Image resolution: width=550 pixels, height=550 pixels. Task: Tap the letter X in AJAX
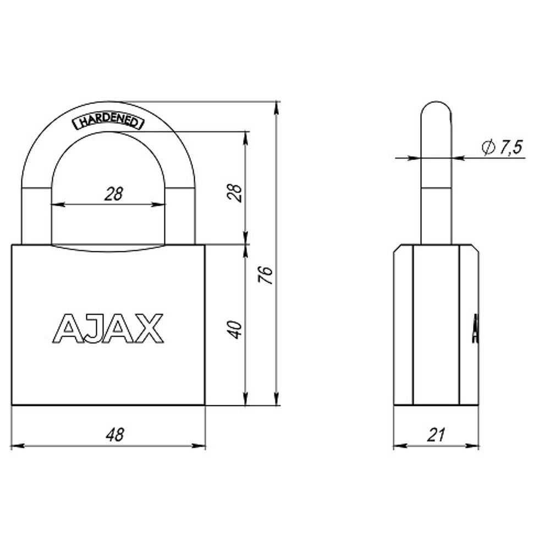pyautogui.click(x=150, y=328)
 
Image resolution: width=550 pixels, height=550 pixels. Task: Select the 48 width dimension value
pyautogui.click(x=115, y=434)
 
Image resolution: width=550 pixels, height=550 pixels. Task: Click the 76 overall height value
pyautogui.click(x=266, y=274)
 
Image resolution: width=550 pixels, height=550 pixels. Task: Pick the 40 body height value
pyautogui.click(x=235, y=329)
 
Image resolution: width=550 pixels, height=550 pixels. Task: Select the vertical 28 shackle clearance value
pyautogui.click(x=235, y=193)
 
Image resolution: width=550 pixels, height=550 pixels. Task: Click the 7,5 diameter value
pyautogui.click(x=509, y=147)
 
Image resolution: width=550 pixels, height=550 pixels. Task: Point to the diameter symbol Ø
pyautogui.click(x=488, y=147)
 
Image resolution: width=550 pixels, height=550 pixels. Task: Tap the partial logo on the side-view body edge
pyautogui.click(x=475, y=328)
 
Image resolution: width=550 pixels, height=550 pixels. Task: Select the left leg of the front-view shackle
pyautogui.click(x=36, y=215)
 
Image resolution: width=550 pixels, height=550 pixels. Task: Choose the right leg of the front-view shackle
pyautogui.click(x=180, y=215)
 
